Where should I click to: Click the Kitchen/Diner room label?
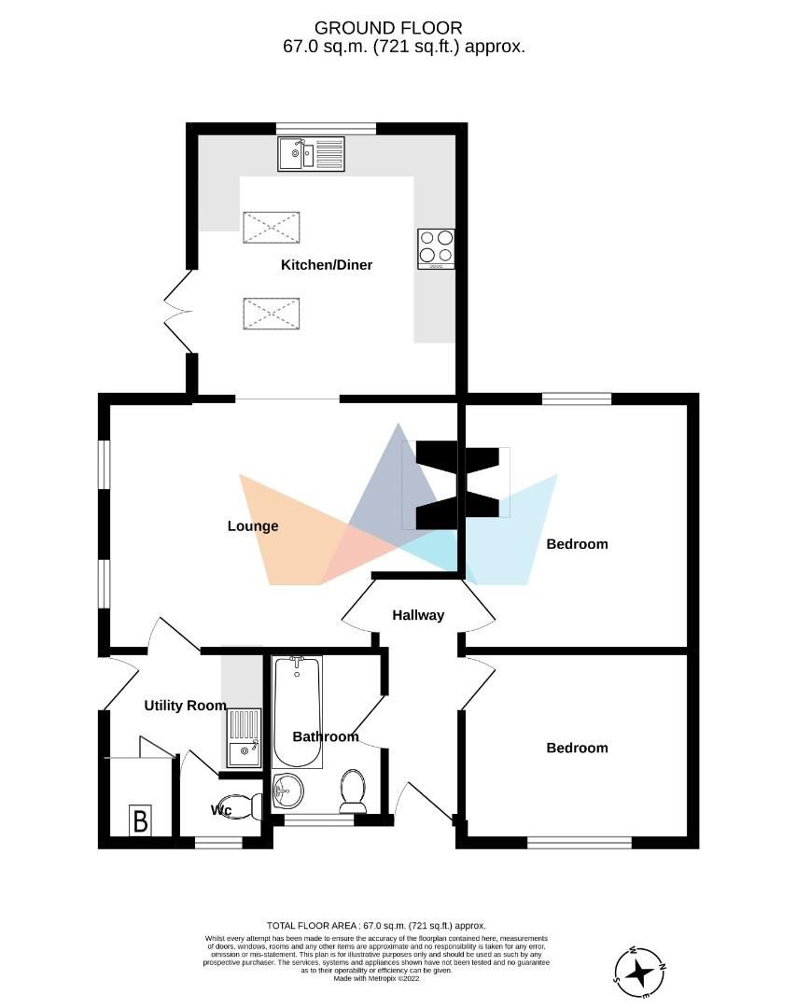tap(327, 265)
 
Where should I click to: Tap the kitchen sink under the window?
tap(311, 154)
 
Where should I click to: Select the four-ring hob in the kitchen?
tap(436, 248)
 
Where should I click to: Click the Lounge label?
tap(253, 526)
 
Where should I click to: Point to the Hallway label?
tap(418, 615)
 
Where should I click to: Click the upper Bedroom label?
tap(577, 544)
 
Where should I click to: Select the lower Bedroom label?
tap(577, 748)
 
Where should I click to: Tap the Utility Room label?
tap(185, 706)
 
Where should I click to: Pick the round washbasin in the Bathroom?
tap(288, 792)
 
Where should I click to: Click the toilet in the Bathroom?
tap(353, 791)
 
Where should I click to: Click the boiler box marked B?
tap(140, 821)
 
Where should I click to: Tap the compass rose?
tap(641, 973)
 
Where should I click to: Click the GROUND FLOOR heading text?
tap(388, 29)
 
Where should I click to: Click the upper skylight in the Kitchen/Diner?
tap(272, 228)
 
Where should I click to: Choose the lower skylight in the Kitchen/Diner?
tap(272, 313)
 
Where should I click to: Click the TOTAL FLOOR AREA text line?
tap(376, 925)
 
